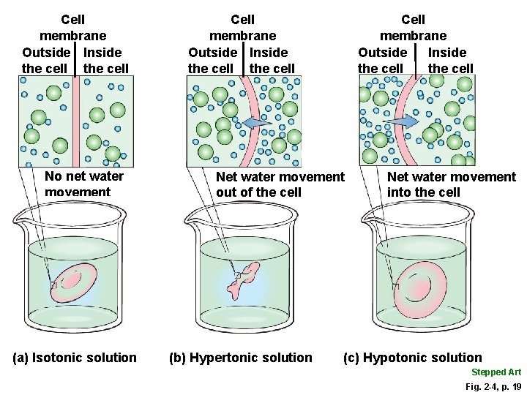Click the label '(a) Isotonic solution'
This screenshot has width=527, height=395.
pos(75,357)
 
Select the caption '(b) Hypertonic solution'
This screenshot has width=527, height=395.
pos(240,358)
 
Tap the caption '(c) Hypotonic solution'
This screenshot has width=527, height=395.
pos(413,358)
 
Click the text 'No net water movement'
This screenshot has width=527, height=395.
pos(83,184)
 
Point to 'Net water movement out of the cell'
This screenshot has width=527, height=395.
pos(280,184)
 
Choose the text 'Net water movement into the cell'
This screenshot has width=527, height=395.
pos(451,184)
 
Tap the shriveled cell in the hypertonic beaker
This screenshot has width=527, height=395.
pos(244,279)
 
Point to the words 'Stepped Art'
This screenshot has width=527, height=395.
pos(496,372)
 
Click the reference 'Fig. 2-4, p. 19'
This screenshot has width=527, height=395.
pos(493,385)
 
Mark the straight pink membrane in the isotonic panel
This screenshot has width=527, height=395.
pos(75,121)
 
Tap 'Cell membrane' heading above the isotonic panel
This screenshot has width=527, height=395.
pos(72,27)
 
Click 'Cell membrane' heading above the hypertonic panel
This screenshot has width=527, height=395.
pos(242,27)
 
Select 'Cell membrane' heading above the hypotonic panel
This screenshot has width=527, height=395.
pos(413,27)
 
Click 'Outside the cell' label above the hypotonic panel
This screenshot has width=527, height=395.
pos(381,60)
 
